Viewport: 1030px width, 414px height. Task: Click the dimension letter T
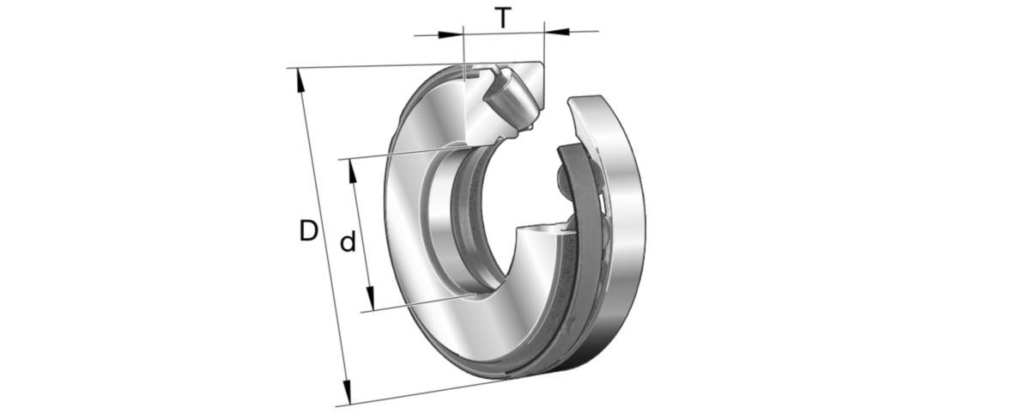pos(504,18)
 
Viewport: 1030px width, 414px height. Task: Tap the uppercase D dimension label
pos(309,231)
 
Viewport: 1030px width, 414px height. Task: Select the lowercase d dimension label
pos(348,240)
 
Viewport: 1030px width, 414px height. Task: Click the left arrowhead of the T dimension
pos(450,34)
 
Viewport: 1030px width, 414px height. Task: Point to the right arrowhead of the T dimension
pos(557,32)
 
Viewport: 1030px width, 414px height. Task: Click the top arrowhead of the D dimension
pos(300,81)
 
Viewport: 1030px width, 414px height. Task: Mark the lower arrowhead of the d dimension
pos(370,299)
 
